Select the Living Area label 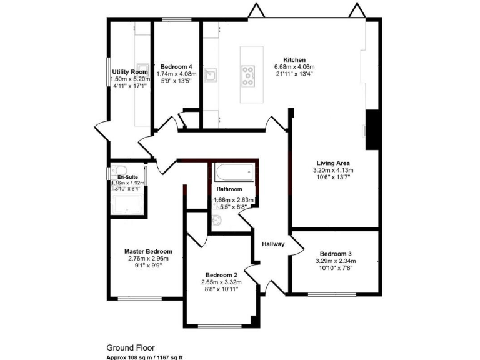pyautogui.click(x=333, y=162)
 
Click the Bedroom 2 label pyautogui.click(x=222, y=275)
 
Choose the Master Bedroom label pyautogui.click(x=148, y=251)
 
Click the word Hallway pyautogui.click(x=273, y=244)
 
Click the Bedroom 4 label pyautogui.click(x=176, y=67)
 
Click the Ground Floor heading pyautogui.click(x=130, y=347)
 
